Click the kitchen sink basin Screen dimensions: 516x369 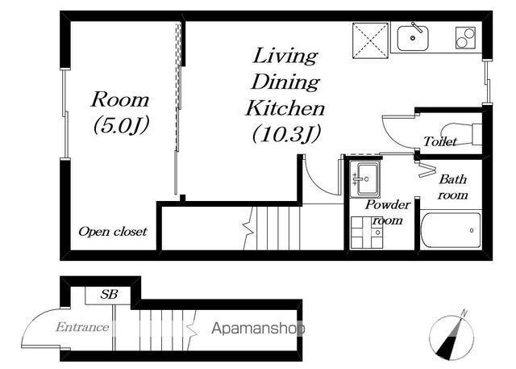(413, 38)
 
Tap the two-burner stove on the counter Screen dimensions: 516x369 (465, 38)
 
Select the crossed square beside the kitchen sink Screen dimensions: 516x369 (370, 40)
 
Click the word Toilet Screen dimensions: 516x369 (440, 141)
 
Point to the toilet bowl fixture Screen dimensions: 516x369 (460, 133)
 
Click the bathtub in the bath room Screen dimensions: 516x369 (451, 230)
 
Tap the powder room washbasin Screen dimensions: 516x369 (365, 179)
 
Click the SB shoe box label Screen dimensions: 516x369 (109, 294)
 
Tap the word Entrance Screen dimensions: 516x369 (82, 327)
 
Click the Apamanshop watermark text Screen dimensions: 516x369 (258, 329)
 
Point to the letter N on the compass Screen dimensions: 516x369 (464, 312)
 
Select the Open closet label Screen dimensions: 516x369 (113, 232)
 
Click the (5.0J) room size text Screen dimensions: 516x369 (122, 125)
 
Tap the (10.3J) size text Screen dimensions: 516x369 (286, 134)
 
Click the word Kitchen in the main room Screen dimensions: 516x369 (285, 107)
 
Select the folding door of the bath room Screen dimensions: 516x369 (427, 170)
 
